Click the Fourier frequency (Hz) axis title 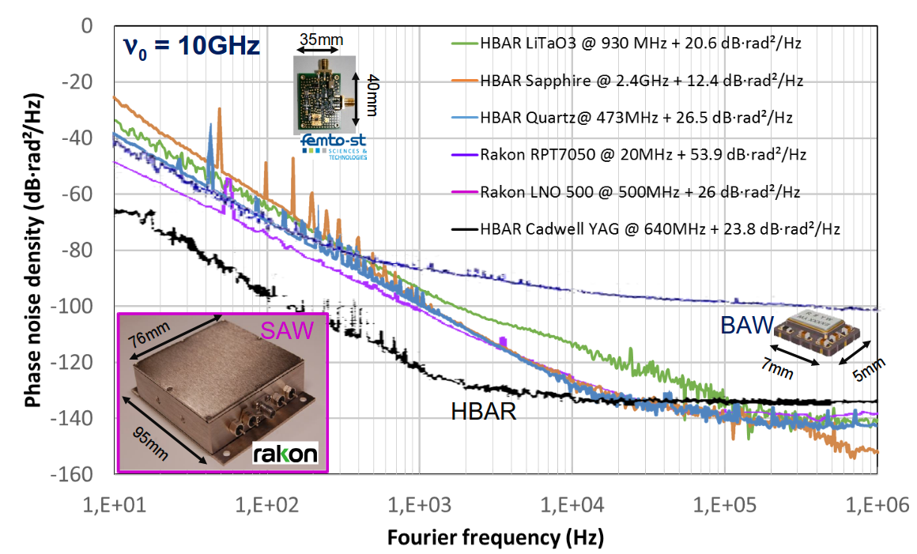point(495,539)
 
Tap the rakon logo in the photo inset point(285,453)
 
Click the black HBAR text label point(483,410)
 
